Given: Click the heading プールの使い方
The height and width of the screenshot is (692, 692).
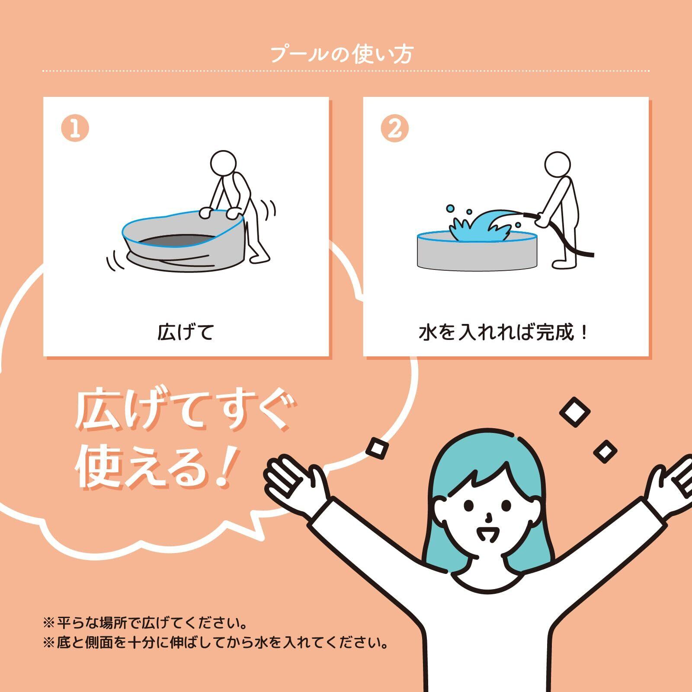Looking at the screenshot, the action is pos(342,54).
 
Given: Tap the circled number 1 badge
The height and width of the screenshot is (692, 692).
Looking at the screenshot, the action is pos(75,128).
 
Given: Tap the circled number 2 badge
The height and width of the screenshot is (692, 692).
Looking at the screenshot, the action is pos(394,128).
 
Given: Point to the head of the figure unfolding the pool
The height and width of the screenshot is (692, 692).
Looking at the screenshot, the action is pos(224,163).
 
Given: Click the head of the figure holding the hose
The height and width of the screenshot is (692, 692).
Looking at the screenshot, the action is pos(557,165).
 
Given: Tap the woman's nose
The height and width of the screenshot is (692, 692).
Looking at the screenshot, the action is pos(488,517).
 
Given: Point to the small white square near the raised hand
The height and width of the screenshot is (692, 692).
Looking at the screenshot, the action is pos(376,448).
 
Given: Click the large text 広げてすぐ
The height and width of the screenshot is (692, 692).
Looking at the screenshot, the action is pos(182,411).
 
